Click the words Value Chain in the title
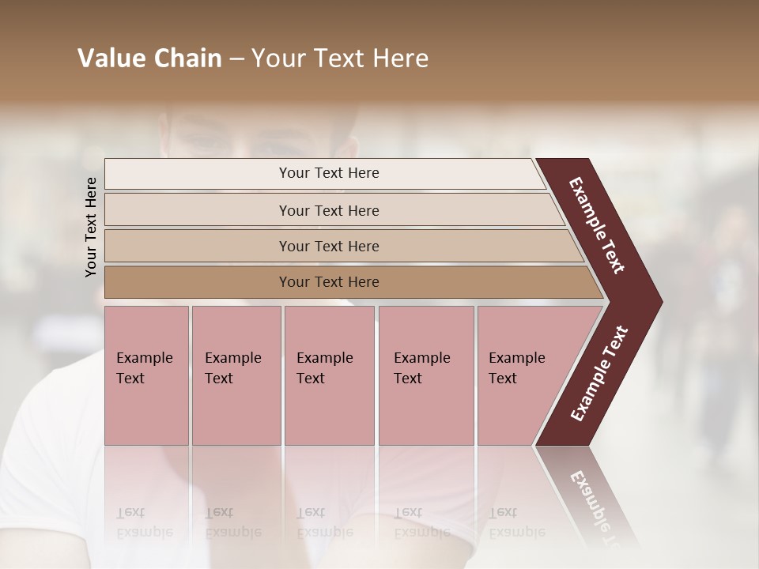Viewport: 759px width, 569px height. pos(149,58)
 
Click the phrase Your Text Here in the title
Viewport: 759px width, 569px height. pos(340,58)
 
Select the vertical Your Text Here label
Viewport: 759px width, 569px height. pos(92,227)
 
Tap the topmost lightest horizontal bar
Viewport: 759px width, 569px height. pos(198,173)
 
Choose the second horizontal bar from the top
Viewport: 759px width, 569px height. pos(198,210)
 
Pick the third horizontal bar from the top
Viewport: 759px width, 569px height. pos(198,246)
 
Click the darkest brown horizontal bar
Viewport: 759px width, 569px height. pos(198,282)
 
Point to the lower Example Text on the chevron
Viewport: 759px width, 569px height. pos(599,373)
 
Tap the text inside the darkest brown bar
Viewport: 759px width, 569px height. pos(329,282)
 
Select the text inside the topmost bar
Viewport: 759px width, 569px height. pos(329,173)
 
